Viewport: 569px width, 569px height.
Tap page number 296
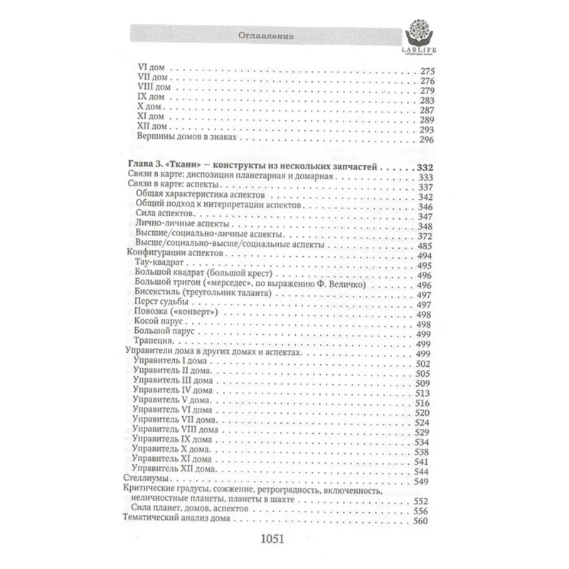tap(427, 140)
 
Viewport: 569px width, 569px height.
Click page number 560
tap(425, 521)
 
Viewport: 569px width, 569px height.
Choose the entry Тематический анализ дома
tap(181, 521)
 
